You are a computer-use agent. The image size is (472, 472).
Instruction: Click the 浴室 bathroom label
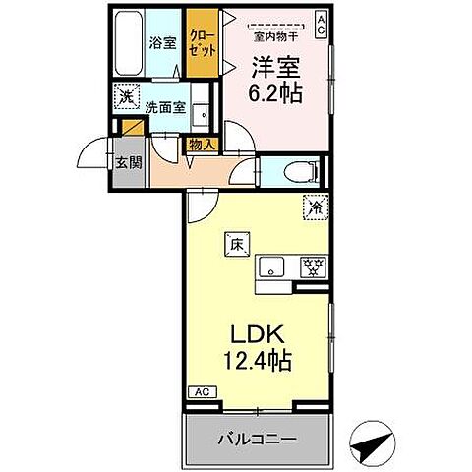point(162,43)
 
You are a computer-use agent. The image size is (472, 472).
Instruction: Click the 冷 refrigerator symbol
point(316,208)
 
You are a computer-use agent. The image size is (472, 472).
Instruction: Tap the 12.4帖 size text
point(258,361)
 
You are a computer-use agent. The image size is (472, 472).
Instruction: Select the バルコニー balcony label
point(257,438)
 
